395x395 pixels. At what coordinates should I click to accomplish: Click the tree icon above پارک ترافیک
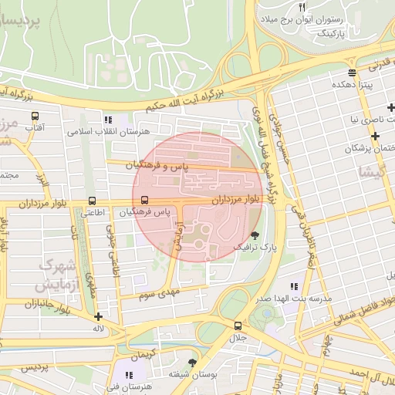coord(255,236)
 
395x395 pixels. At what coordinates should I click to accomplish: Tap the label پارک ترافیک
coord(255,248)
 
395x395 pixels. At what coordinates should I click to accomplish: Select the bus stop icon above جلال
coord(238,326)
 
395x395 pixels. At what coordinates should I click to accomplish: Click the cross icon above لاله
coord(98,316)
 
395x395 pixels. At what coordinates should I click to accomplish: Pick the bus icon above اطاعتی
coord(93,201)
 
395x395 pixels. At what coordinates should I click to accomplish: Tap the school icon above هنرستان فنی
coord(129,374)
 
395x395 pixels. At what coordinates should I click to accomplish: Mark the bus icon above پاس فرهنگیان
coord(145,200)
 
